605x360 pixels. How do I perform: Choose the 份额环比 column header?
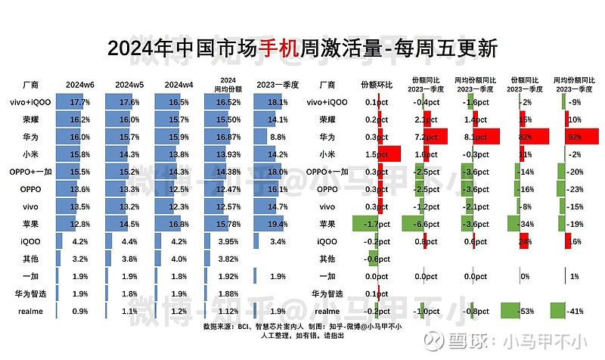click(x=377, y=83)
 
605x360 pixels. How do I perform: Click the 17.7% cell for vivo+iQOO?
click(x=79, y=102)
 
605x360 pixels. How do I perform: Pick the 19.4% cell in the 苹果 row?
click(x=277, y=224)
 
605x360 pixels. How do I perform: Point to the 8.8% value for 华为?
click(x=277, y=137)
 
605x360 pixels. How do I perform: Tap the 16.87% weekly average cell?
click(x=228, y=137)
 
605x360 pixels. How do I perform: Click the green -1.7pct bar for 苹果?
click(x=366, y=224)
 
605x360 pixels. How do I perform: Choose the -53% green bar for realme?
click(x=514, y=311)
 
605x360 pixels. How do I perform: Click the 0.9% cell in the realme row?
click(x=79, y=311)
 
